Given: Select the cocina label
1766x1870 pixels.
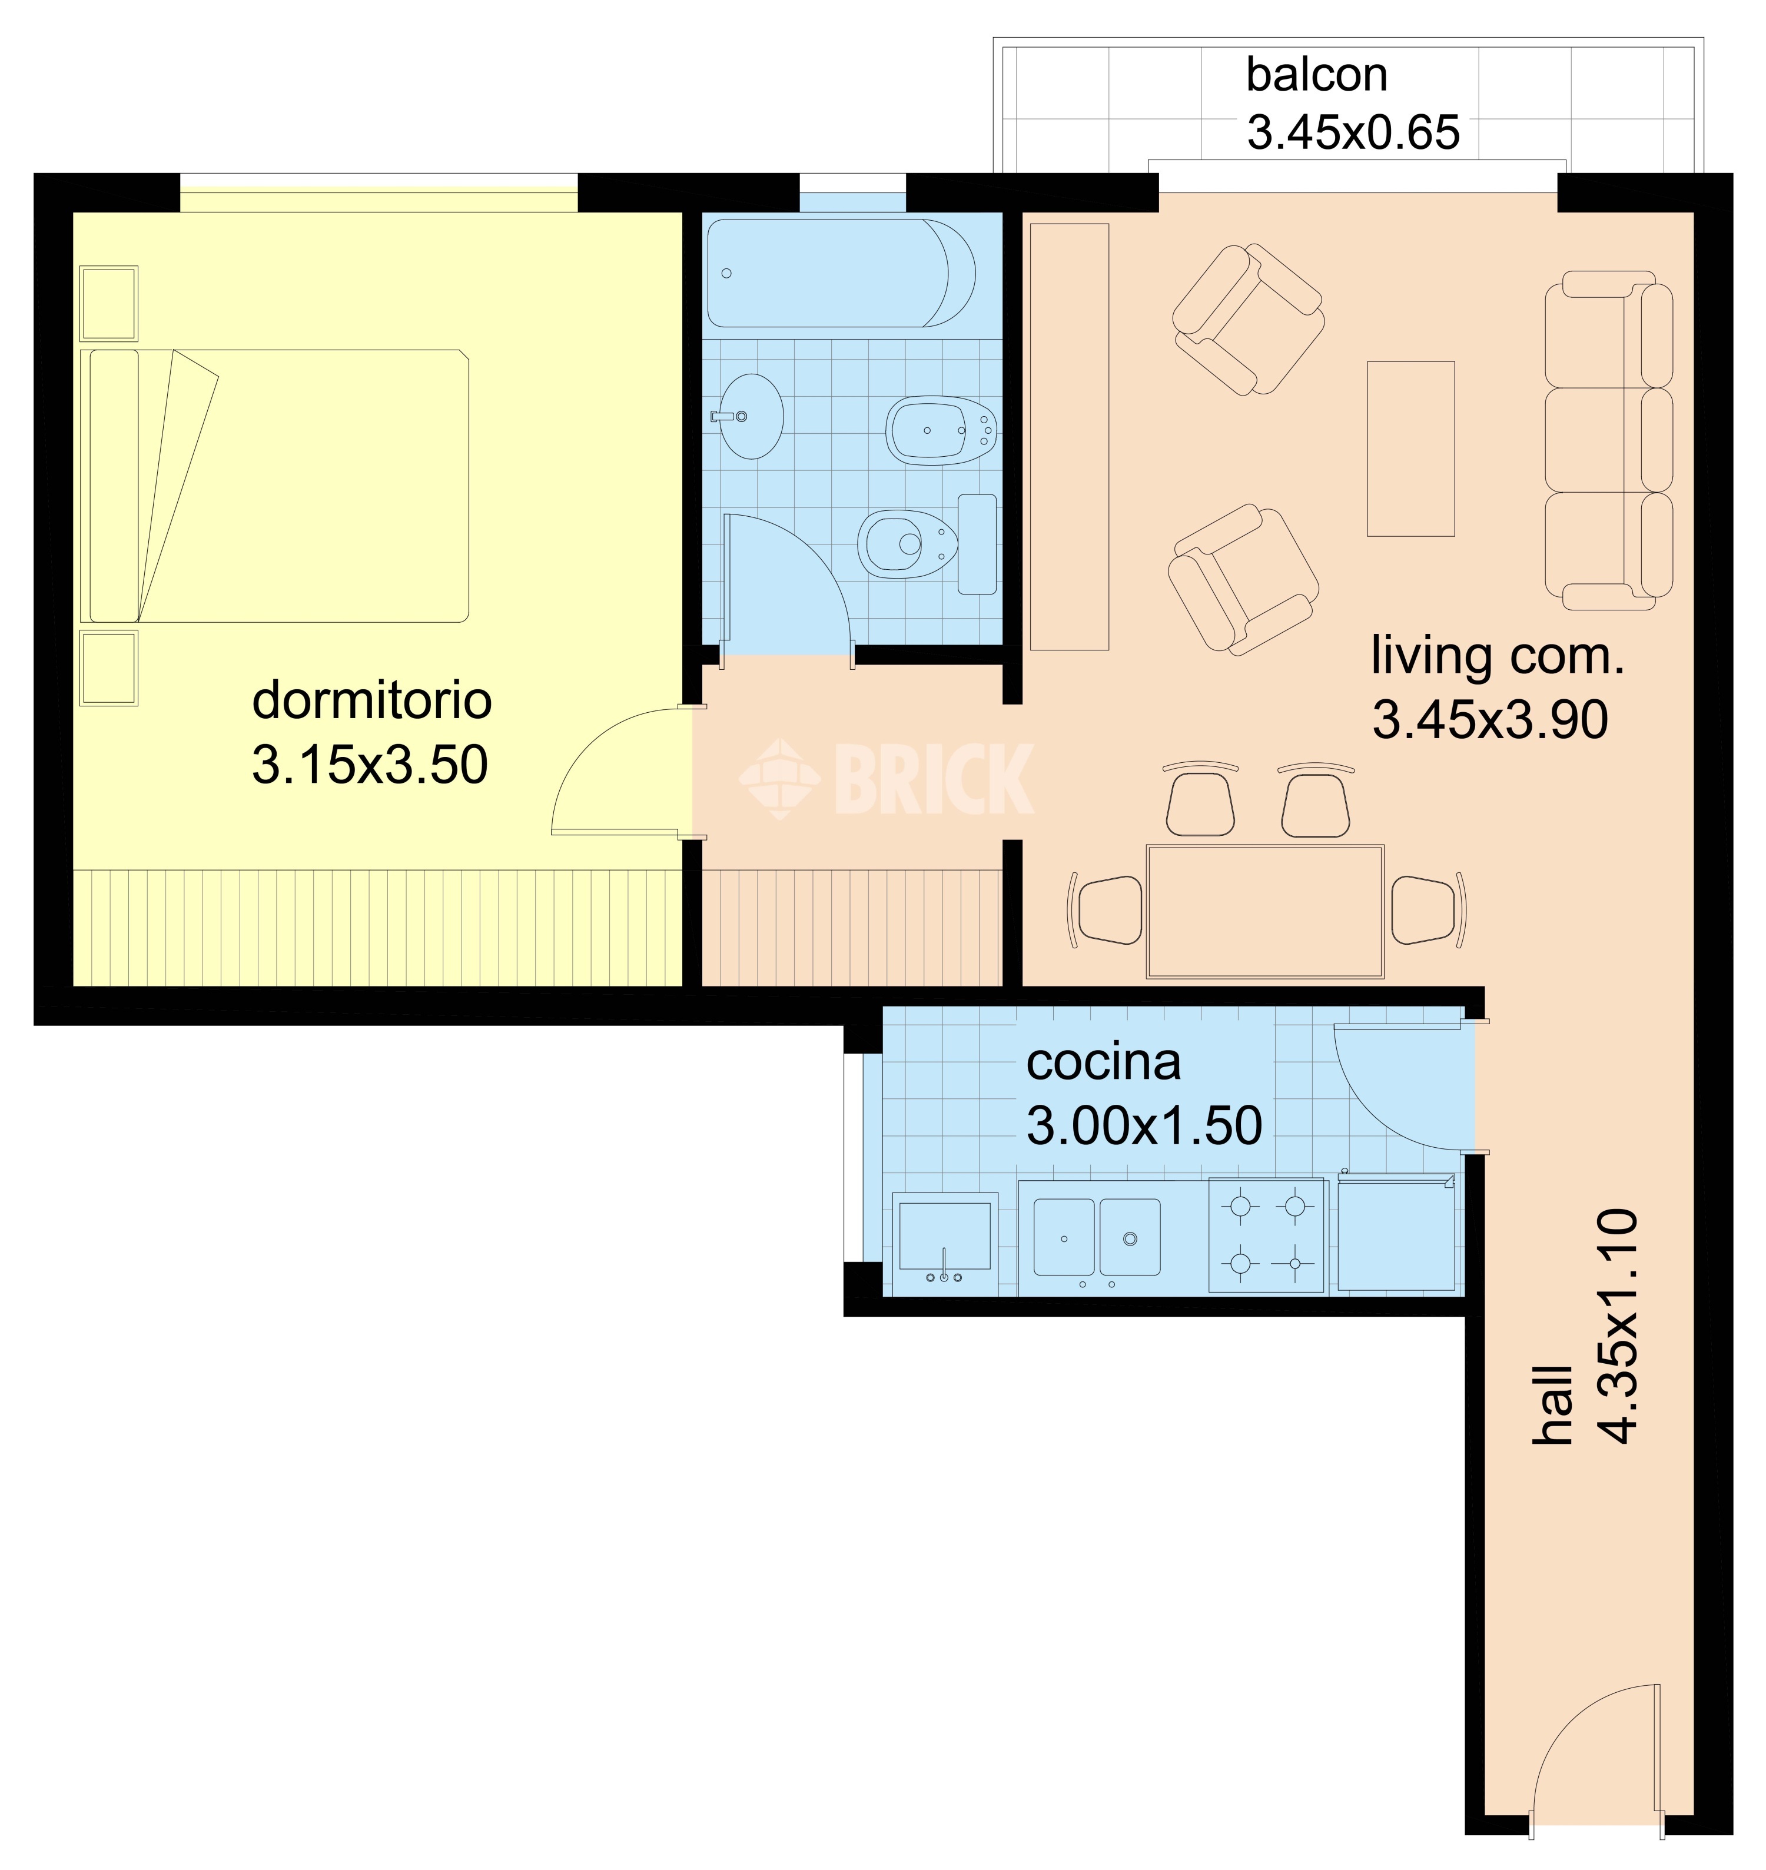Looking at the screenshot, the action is (1103, 1062).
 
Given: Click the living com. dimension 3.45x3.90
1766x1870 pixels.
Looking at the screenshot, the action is (1490, 720).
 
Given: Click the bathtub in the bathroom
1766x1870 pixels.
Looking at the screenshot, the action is (841, 273).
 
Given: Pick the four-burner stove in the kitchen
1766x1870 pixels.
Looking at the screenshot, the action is (1267, 1234).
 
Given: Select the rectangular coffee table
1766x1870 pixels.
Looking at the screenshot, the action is (1411, 449).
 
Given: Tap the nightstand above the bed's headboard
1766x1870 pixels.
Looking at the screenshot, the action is (109, 303).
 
